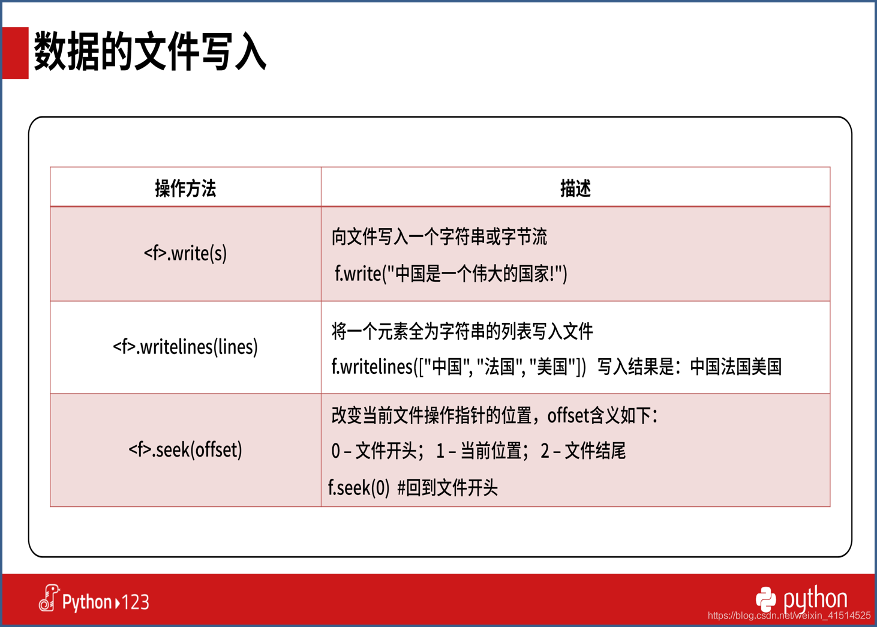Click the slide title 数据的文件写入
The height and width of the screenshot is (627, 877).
pyautogui.click(x=150, y=52)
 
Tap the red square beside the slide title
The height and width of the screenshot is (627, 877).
pyautogui.click(x=15, y=53)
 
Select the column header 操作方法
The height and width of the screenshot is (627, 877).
pyautogui.click(x=185, y=188)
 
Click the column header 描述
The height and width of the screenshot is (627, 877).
pyautogui.click(x=575, y=188)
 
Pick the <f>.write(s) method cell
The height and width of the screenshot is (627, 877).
pyautogui.click(x=185, y=253)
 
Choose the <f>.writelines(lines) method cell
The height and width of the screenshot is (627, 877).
pyautogui.click(x=185, y=347)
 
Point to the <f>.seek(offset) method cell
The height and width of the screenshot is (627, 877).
pyautogui.click(x=185, y=449)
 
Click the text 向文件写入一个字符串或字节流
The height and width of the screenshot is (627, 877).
pyautogui.click(x=439, y=236)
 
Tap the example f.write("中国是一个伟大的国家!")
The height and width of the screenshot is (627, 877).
pyautogui.click(x=451, y=274)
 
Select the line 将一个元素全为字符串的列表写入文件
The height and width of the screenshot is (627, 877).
pyautogui.click(x=462, y=331)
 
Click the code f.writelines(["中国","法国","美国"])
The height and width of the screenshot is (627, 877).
pyautogui.click(x=459, y=367)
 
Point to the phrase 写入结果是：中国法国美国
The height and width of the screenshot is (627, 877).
pyautogui.click(x=689, y=367)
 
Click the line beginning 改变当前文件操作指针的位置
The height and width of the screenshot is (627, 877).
pyautogui.click(x=495, y=415)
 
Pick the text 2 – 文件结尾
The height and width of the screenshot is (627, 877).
pyautogui.click(x=583, y=451)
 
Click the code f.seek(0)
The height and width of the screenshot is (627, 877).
pyautogui.click(x=359, y=488)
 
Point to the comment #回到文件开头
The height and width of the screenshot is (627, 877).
pyautogui.click(x=447, y=488)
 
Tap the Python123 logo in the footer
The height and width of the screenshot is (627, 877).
pyautogui.click(x=94, y=600)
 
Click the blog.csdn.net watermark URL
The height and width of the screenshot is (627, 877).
pyautogui.click(x=789, y=615)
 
